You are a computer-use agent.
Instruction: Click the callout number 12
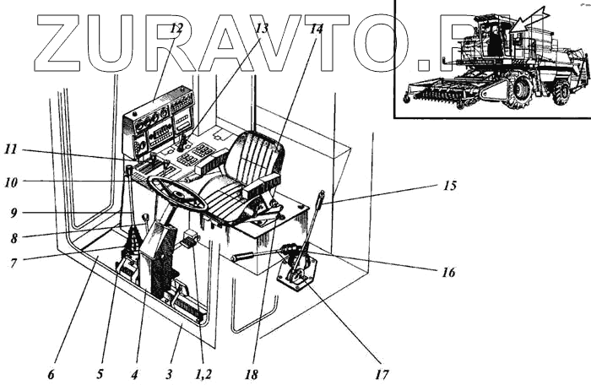click(176, 28)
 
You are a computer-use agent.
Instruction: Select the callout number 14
click(316, 28)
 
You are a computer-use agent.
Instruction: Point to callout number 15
click(449, 185)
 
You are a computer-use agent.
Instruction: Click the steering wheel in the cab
click(179, 196)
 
